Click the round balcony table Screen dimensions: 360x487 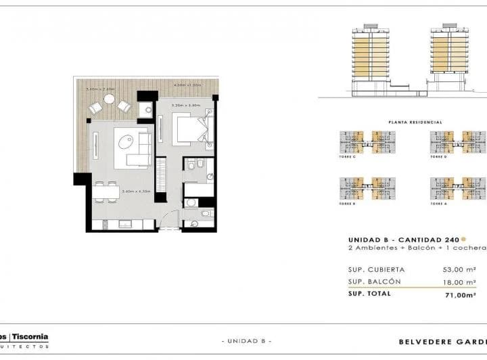pos(110,99)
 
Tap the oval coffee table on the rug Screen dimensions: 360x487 pos(126,143)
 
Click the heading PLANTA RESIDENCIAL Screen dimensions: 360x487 pos(415,122)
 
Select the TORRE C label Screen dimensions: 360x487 pos(346,156)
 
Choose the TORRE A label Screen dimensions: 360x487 pos(439,203)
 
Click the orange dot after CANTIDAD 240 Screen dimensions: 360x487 pos(463,239)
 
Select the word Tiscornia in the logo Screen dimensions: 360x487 pos(29,336)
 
